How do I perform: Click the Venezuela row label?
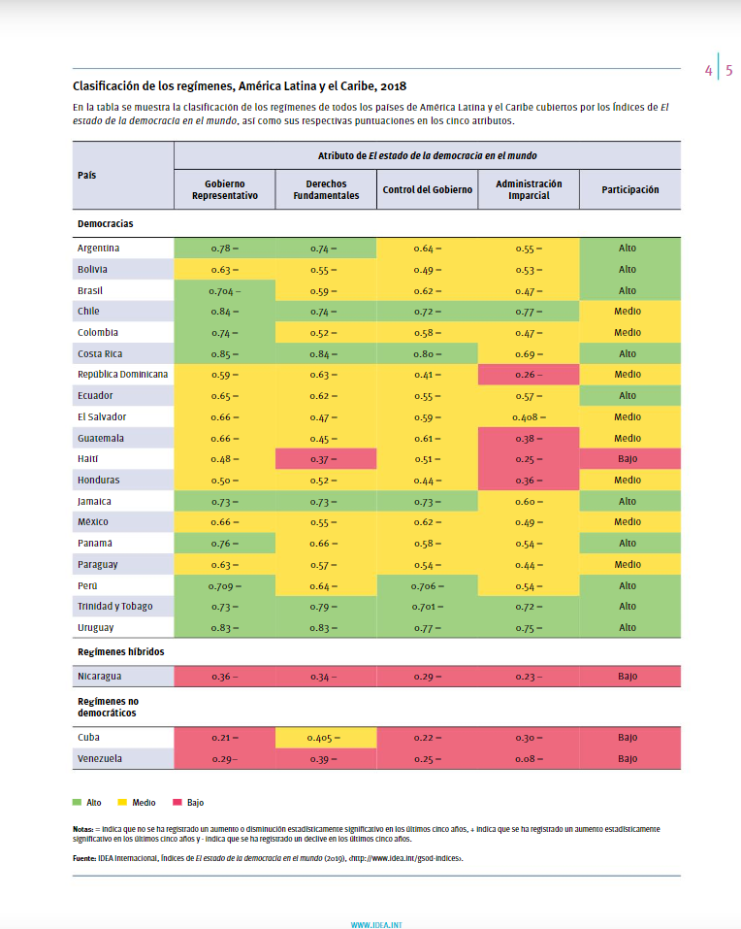[x=100, y=758]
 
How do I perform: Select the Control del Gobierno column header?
[x=428, y=189]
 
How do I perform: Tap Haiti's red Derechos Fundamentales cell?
[x=326, y=459]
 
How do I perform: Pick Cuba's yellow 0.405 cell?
[x=326, y=738]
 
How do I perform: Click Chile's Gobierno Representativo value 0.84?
[x=225, y=312]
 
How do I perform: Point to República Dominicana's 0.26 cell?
[x=529, y=375]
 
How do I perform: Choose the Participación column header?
[x=630, y=189]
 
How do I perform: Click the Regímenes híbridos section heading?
[x=120, y=651]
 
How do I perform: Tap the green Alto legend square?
[x=77, y=802]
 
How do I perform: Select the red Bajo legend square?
[x=177, y=802]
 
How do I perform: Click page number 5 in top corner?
[x=729, y=71]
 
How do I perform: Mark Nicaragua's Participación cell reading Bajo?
[x=630, y=676]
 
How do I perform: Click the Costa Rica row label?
[x=100, y=353]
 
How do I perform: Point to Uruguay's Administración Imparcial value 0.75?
[x=529, y=628]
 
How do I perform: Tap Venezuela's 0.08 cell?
[x=529, y=759]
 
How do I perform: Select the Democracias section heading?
[x=106, y=223]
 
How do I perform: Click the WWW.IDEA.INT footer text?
[x=376, y=925]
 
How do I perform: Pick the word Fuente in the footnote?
[x=84, y=858]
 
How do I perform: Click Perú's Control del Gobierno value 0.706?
[x=428, y=586]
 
